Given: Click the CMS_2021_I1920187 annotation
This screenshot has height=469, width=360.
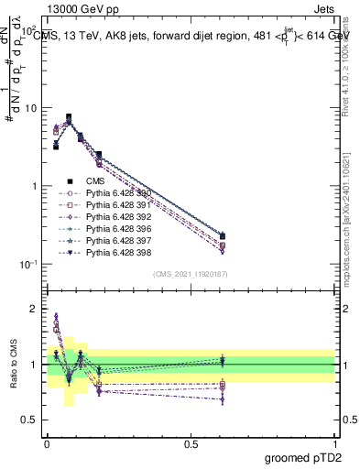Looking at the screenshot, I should tap(190, 274).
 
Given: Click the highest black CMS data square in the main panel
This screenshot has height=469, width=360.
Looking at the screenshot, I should tap(70, 117).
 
